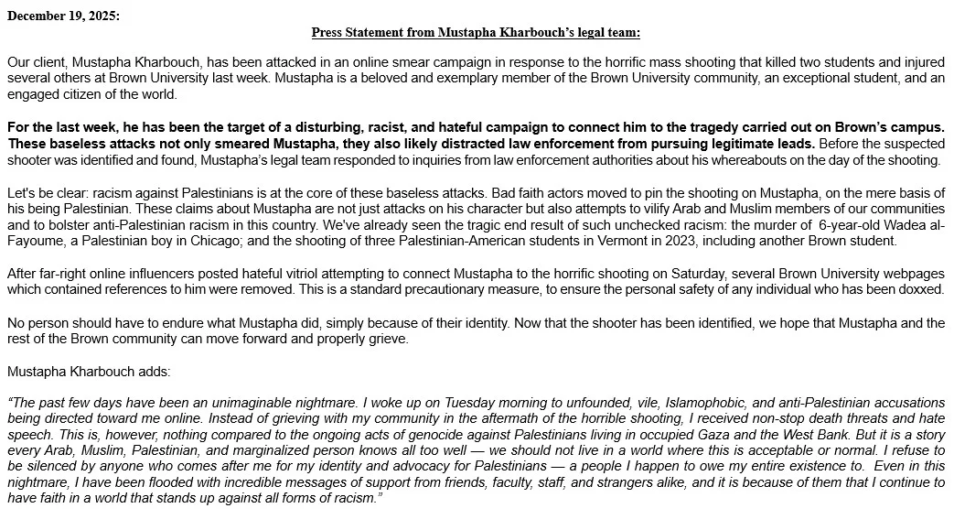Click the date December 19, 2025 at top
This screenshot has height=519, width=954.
tap(63, 16)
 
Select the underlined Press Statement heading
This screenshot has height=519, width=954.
tap(476, 32)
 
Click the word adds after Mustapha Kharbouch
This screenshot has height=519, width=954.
tap(150, 372)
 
